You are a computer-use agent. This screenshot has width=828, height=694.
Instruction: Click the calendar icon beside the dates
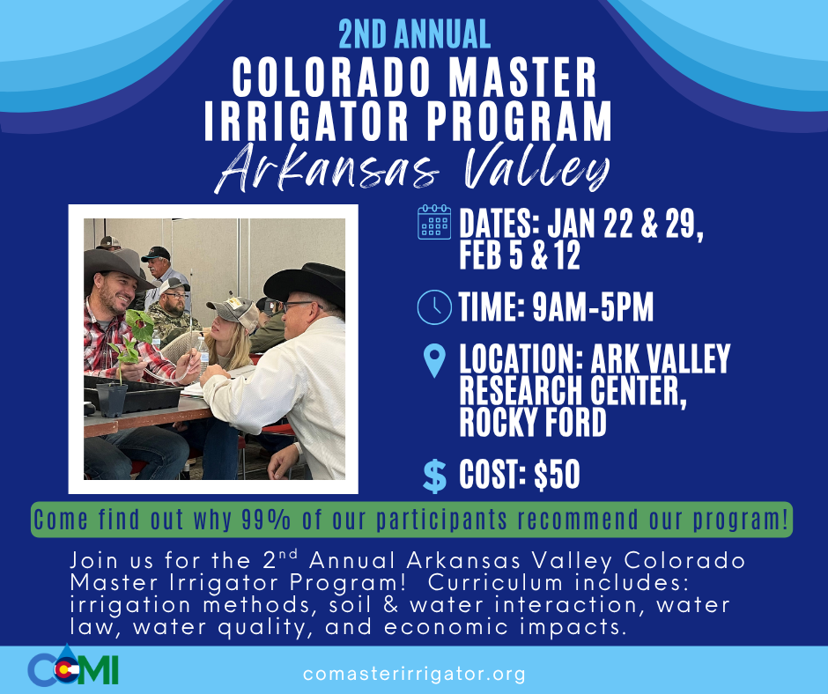click(x=432, y=222)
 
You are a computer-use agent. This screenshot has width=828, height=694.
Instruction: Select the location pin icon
click(x=433, y=360)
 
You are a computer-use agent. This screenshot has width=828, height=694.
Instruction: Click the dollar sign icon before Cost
click(x=434, y=475)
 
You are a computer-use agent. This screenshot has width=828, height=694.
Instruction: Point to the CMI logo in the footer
click(x=73, y=670)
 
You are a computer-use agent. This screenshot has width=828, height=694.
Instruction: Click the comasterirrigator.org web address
click(x=413, y=675)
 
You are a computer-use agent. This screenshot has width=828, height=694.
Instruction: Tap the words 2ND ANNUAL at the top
click(x=414, y=33)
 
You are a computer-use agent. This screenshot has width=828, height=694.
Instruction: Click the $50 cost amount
click(x=557, y=475)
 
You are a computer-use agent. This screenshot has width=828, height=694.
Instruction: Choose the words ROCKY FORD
click(x=533, y=423)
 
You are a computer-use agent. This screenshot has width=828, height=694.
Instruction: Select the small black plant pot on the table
click(x=112, y=398)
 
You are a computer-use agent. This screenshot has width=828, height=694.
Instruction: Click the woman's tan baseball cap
click(x=232, y=310)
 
